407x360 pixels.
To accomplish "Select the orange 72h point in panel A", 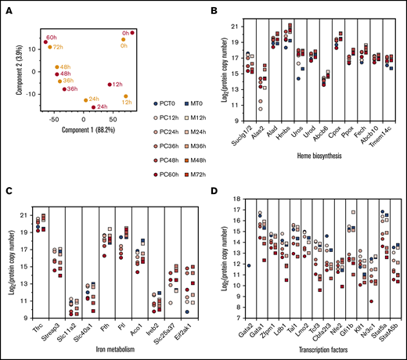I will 50,47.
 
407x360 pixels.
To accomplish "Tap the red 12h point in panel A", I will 109,85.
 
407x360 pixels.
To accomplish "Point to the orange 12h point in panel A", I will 125,96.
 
